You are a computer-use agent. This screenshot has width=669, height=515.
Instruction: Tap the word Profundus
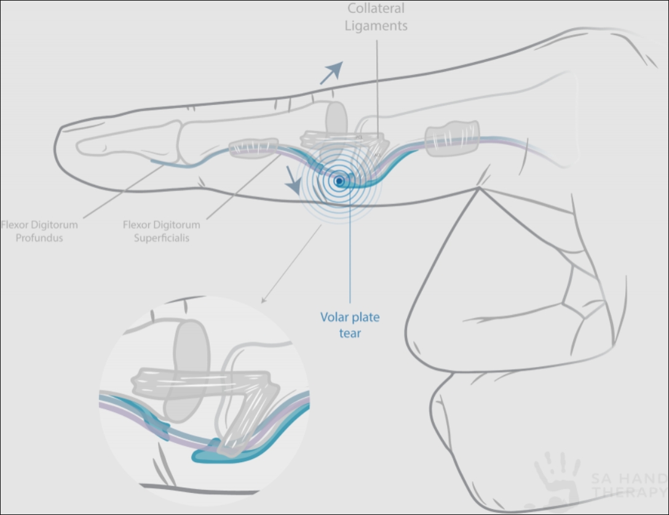click(x=39, y=238)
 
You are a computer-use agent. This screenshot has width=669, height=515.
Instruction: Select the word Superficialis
click(x=161, y=238)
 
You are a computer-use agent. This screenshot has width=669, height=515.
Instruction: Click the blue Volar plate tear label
click(x=350, y=325)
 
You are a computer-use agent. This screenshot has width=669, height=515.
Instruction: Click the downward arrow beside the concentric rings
click(x=293, y=179)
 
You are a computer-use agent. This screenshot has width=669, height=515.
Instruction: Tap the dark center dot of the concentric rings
click(x=339, y=181)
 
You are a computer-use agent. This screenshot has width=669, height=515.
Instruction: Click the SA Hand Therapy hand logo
click(x=557, y=482)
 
